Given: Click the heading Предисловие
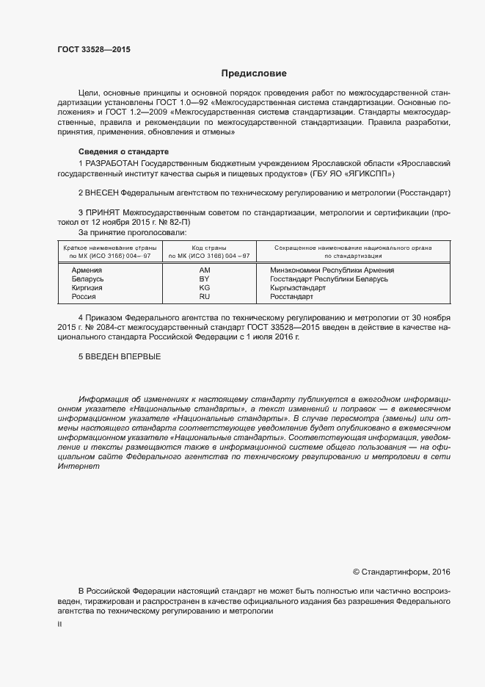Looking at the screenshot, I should coord(254,73).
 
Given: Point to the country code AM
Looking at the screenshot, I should coord(205,270).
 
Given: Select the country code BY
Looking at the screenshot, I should coord(204,279).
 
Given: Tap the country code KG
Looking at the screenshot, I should coord(204,288).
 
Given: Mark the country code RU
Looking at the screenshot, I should coord(204,297).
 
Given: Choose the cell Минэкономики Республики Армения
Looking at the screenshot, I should coord(332,270).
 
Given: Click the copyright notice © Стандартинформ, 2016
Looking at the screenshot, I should coord(401,571).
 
